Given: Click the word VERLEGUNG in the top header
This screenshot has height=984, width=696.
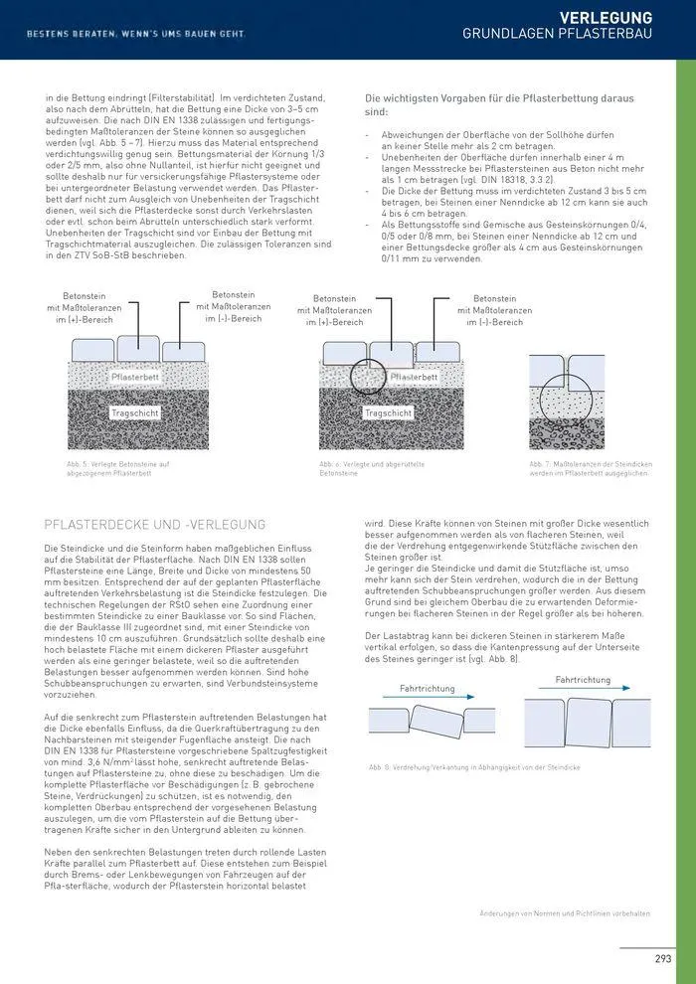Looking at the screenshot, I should [x=606, y=18].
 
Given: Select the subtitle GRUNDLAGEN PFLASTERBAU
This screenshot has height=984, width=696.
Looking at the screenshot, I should [x=557, y=35].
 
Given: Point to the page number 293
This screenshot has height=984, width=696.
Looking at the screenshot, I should [x=662, y=958].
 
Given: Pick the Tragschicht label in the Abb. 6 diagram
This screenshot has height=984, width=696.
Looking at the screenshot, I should [x=388, y=412].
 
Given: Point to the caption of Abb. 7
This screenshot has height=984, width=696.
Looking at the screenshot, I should [x=589, y=468].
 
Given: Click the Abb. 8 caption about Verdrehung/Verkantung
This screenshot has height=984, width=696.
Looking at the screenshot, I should [x=474, y=768].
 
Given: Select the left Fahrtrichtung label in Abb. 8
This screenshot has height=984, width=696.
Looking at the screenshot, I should [x=427, y=688].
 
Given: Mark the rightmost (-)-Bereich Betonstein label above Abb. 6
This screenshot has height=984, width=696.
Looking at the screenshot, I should [x=494, y=310].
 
